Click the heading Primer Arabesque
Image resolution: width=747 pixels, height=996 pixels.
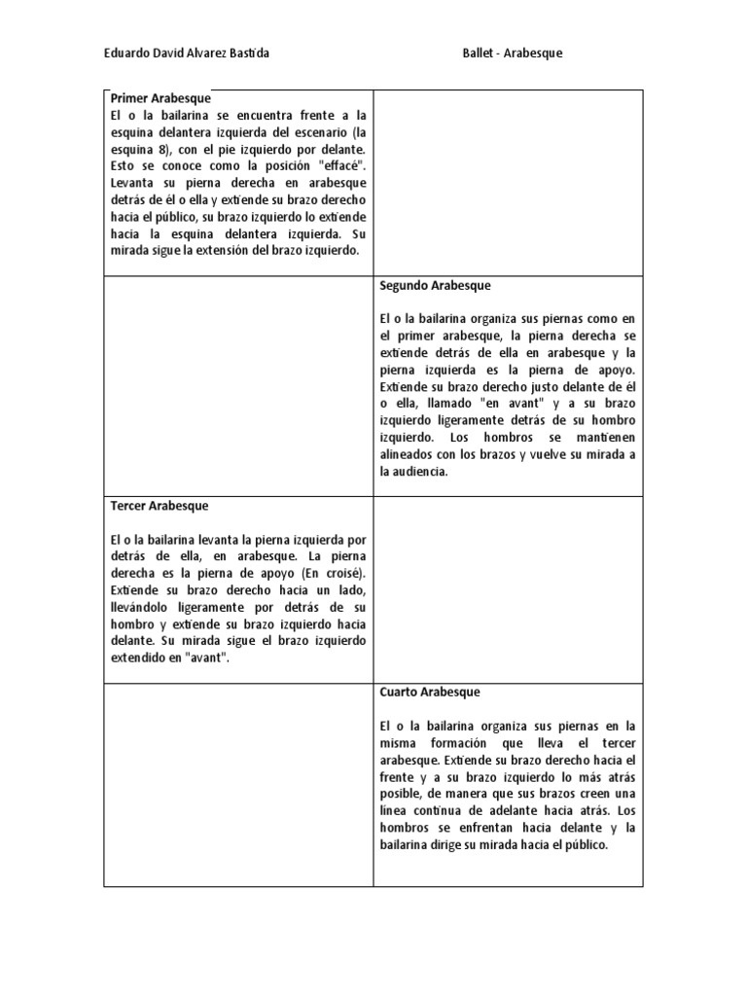[160, 99]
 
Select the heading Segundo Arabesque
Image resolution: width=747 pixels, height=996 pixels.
[435, 286]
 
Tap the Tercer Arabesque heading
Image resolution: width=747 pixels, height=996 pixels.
[160, 507]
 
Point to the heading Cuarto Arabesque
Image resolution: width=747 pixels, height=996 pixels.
[429, 693]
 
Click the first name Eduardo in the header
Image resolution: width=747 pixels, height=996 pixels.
[126, 54]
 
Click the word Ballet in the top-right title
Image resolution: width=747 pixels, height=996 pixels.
[480, 54]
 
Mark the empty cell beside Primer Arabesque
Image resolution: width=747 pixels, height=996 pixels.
[508, 183]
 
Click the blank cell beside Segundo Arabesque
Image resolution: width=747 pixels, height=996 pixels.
[238, 385]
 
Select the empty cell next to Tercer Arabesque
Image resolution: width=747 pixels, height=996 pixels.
[508, 589]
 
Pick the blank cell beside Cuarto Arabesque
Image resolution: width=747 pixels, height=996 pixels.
[238, 784]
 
